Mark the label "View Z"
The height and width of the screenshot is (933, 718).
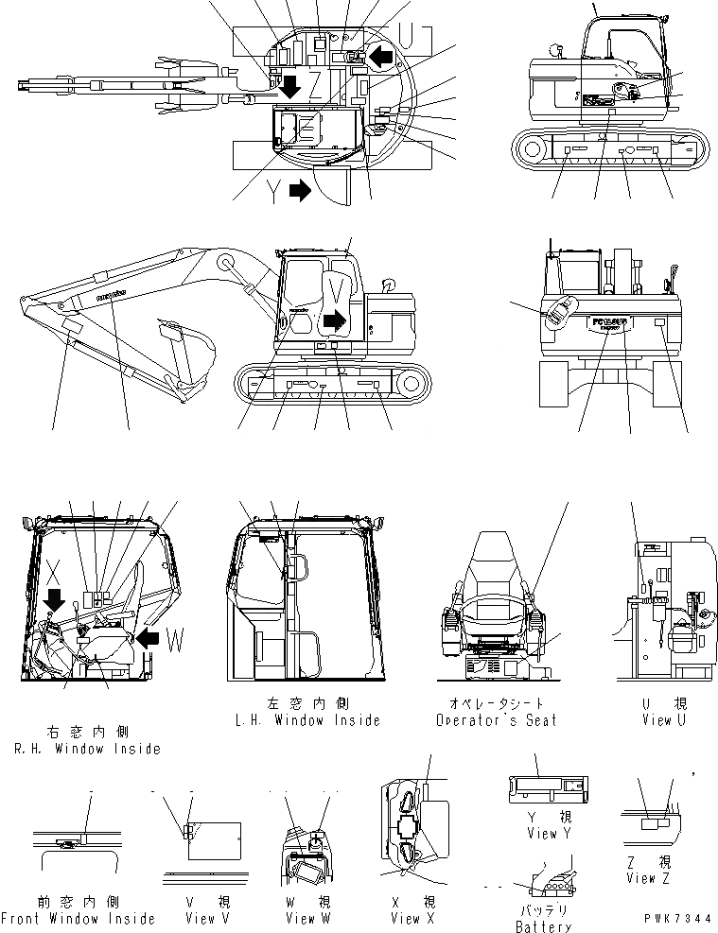(649, 878)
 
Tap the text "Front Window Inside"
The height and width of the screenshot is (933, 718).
(78, 919)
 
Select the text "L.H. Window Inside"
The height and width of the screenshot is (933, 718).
(307, 720)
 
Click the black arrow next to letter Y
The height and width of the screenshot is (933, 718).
(300, 191)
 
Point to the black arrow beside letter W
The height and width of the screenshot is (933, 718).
(148, 639)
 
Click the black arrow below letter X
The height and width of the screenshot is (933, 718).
(55, 600)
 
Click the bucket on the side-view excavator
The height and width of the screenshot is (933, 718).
(189, 354)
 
